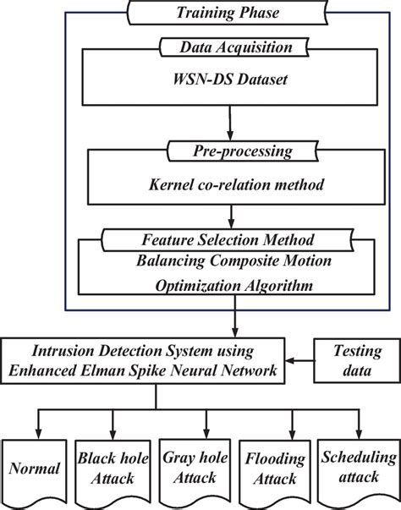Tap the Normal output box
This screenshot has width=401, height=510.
(36, 466)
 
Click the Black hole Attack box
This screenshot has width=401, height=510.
(107, 468)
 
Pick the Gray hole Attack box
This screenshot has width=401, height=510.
(185, 468)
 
